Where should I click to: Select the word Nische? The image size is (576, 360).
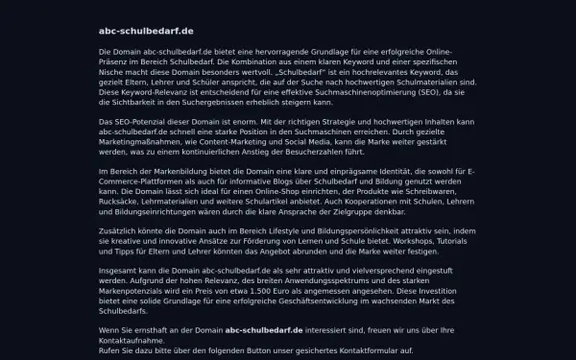pyautogui.click(x=112, y=71)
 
